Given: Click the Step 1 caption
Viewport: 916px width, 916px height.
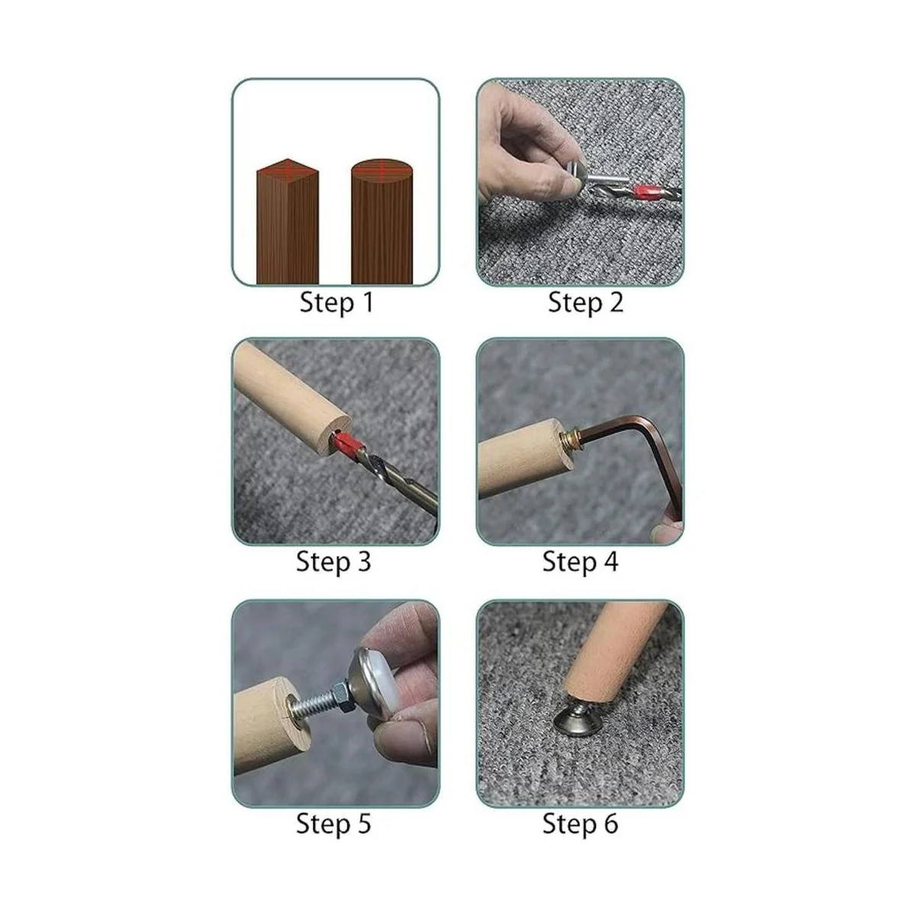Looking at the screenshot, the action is (x=337, y=303).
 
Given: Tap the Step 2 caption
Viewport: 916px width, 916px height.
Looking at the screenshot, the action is (x=585, y=303).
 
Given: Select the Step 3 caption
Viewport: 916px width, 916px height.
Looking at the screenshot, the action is (x=334, y=562).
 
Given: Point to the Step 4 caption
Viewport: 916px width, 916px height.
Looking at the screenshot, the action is (x=580, y=562).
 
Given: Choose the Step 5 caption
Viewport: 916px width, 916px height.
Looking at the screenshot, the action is (x=334, y=824).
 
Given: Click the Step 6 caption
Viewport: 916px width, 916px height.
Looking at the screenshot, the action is (x=580, y=824).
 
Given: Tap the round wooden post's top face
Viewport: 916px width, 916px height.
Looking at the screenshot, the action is (x=382, y=169).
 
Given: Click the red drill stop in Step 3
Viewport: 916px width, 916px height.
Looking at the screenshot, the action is (x=350, y=443).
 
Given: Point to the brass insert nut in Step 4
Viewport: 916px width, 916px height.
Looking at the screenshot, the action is (x=570, y=438).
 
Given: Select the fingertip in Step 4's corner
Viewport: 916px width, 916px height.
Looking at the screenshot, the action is (x=669, y=533).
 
